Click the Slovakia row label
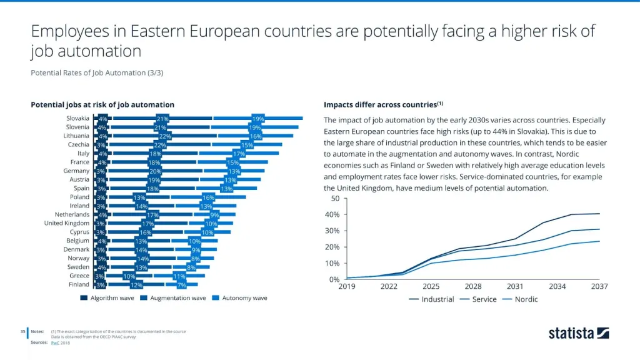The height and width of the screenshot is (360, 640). click(77, 118)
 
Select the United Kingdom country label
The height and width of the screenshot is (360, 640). click(67, 223)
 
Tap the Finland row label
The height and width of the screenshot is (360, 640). click(79, 284)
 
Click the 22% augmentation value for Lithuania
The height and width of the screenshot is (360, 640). click(165, 136)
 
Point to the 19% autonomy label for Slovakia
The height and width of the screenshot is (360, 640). click(257, 118)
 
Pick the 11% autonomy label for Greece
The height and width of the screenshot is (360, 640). click(179, 276)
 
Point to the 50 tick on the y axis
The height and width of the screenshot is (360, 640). click(335, 199)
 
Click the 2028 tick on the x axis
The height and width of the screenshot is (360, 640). click(472, 286)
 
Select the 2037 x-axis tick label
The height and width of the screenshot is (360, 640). click(599, 286)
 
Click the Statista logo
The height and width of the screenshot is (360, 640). click(578, 333)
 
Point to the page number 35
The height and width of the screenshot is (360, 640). click(22, 331)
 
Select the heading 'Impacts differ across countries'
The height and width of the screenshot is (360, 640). click(383, 104)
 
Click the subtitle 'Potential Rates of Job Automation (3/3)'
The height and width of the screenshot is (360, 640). click(97, 73)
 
